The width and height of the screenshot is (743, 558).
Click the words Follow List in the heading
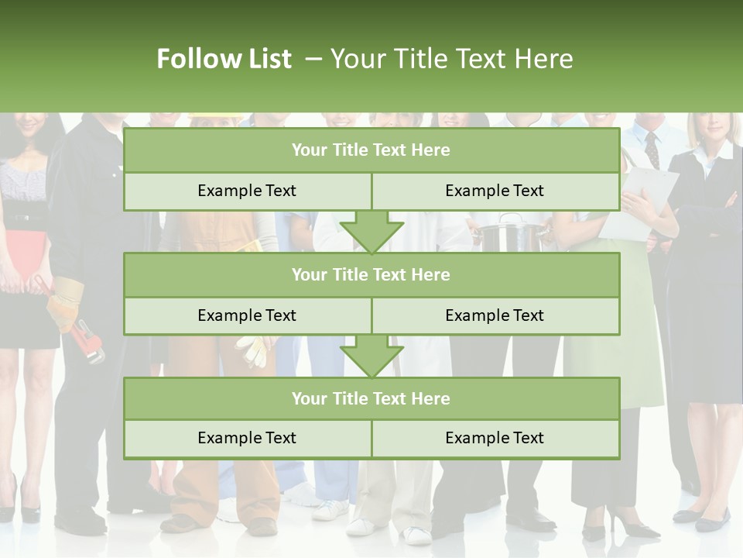(224, 59)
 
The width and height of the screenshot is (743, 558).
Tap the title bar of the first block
(371, 150)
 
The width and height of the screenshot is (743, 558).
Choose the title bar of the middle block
(371, 274)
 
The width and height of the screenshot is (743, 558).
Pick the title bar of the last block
(371, 398)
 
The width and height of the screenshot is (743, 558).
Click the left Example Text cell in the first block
(247, 191)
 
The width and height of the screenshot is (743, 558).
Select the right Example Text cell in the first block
(495, 191)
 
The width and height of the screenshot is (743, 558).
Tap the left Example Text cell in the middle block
(247, 315)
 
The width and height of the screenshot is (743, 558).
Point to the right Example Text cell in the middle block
(495, 315)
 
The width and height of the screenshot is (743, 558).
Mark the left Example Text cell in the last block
(247, 438)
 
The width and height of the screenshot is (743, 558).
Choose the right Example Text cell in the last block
(495, 438)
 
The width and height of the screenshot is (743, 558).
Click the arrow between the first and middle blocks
(371, 232)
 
